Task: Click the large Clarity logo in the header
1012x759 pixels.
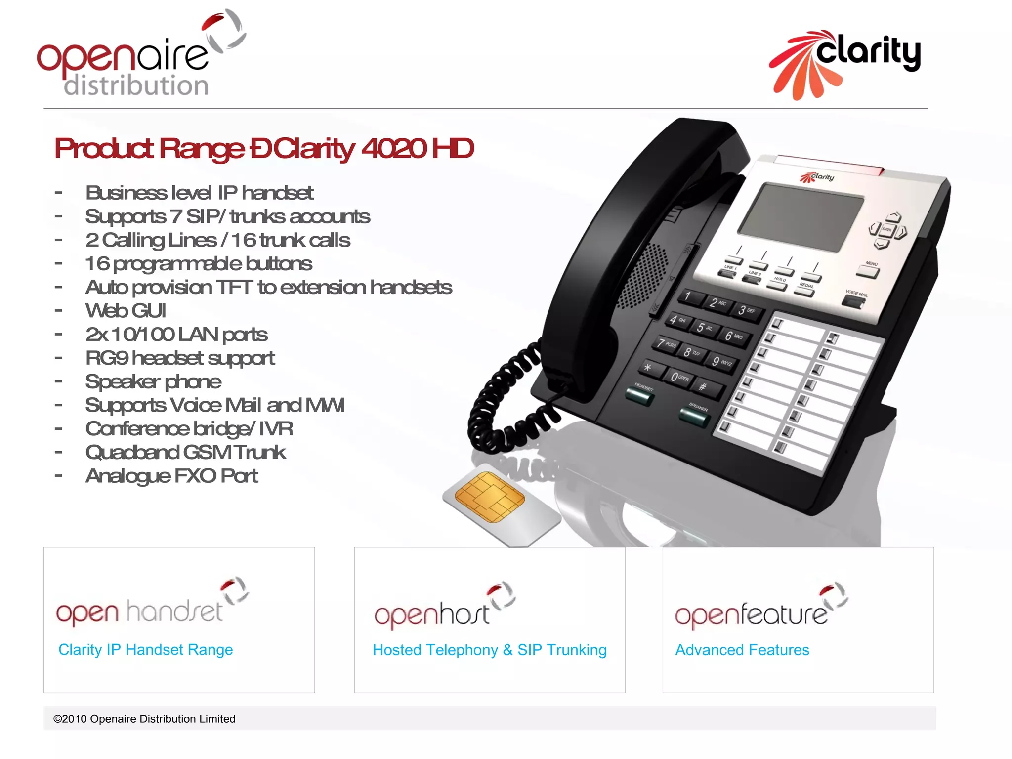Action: click(845, 62)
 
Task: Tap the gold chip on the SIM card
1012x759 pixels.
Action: click(489, 497)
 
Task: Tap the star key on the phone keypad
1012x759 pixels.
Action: click(648, 368)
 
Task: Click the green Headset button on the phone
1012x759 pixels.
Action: click(639, 397)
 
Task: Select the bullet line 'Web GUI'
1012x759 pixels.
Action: click(126, 311)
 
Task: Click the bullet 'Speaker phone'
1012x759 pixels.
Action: click(153, 381)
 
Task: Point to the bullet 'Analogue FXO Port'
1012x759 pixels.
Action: click(171, 476)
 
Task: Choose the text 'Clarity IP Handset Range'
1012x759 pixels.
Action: click(145, 649)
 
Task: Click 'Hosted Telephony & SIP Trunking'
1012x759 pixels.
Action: click(489, 650)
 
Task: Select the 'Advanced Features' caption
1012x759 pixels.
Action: click(742, 650)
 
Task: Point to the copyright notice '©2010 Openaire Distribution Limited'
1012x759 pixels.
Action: click(144, 719)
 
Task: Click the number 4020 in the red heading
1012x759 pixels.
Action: click(394, 148)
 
